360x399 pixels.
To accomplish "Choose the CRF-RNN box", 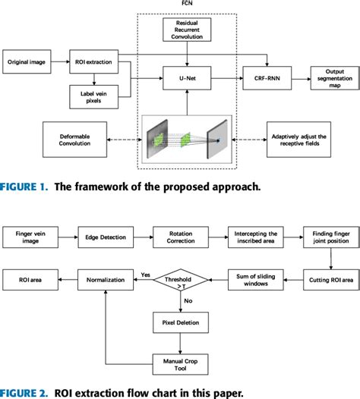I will pos(264,77).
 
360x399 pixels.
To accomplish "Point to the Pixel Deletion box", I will pos(181,322).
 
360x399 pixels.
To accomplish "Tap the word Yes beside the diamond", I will pos(144,275).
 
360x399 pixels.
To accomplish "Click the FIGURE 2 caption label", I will pos(25,392).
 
